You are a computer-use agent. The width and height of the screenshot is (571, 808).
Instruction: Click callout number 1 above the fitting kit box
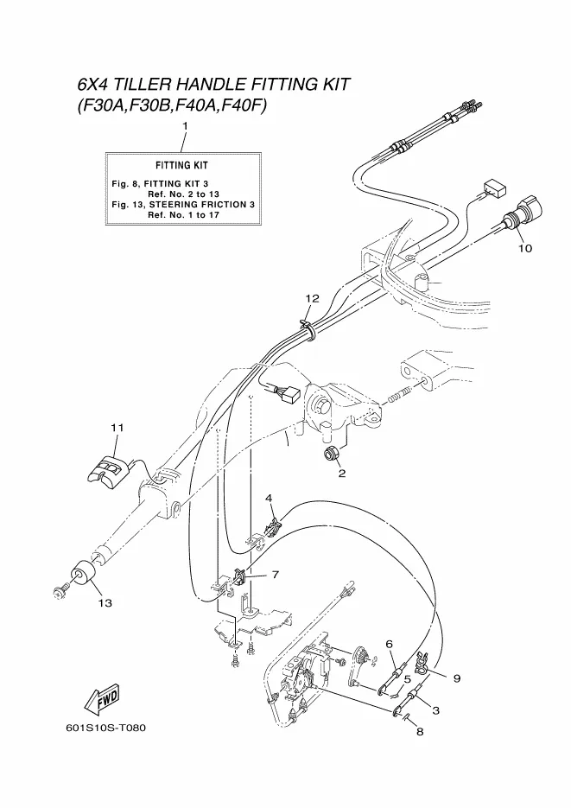[x=184, y=127]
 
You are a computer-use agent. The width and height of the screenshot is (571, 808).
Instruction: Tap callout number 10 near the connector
[x=525, y=248]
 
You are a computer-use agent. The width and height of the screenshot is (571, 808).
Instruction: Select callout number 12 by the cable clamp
[x=312, y=298]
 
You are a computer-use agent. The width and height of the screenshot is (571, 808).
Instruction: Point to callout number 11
[x=117, y=427]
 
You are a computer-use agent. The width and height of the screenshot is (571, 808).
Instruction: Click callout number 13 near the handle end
[x=105, y=601]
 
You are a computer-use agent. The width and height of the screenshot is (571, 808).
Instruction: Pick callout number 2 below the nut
[x=341, y=474]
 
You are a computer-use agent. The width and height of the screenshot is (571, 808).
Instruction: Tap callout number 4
[x=269, y=499]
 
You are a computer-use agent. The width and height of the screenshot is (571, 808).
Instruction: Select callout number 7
[x=275, y=574]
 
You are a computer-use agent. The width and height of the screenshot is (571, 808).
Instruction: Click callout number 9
[x=455, y=678]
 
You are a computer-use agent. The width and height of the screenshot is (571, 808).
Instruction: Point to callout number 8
[x=420, y=733]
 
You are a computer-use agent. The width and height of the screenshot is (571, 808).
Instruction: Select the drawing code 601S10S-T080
[x=105, y=728]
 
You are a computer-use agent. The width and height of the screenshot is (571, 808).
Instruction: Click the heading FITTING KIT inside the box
[x=181, y=164]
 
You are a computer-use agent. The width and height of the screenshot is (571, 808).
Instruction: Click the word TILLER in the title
[x=142, y=85]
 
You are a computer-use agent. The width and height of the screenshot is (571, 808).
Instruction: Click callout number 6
[x=390, y=644]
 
